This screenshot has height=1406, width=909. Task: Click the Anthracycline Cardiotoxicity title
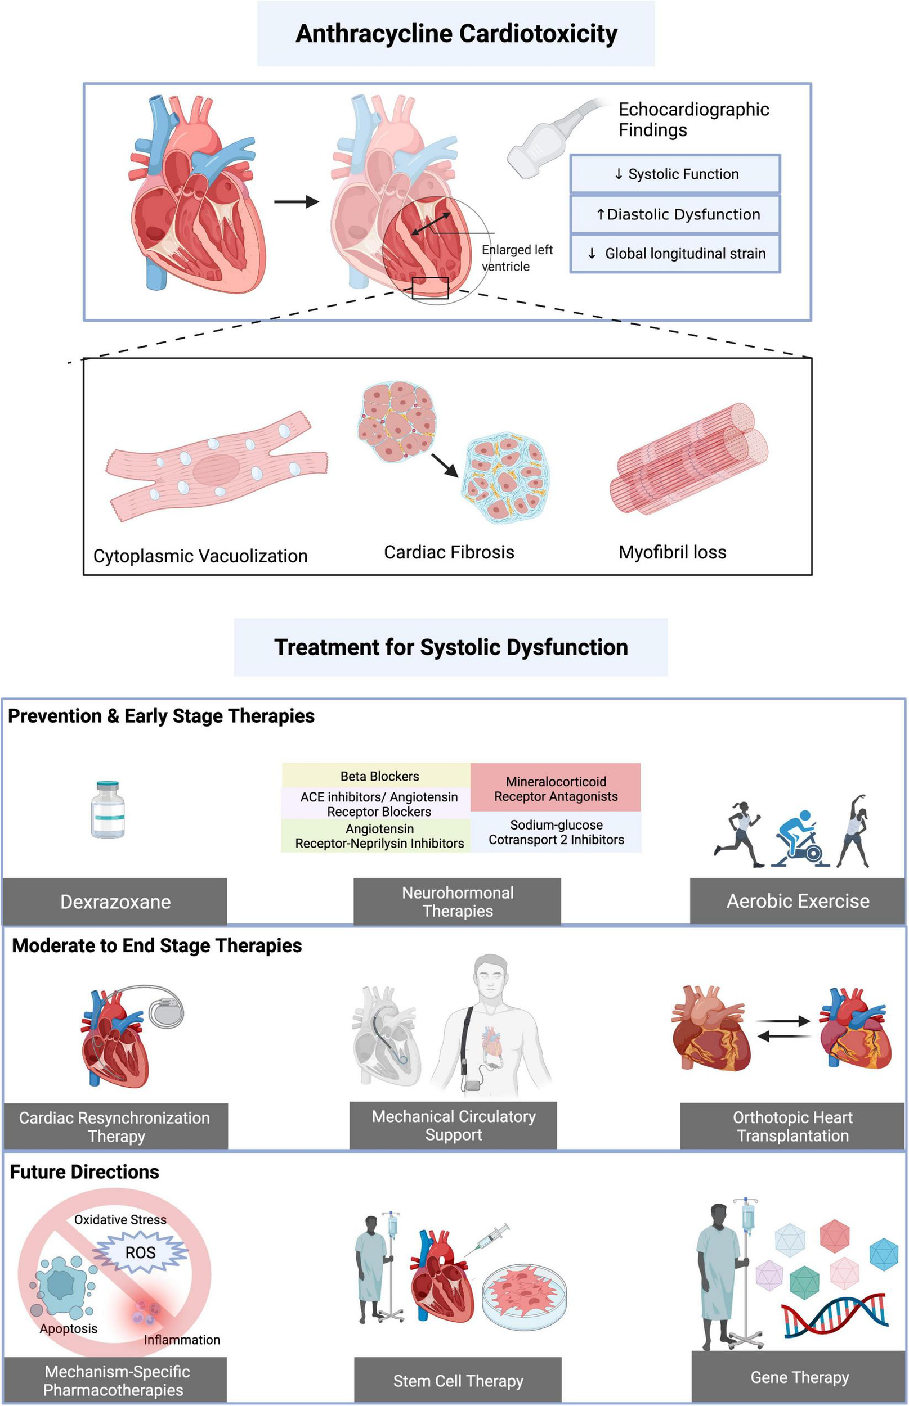click(x=456, y=34)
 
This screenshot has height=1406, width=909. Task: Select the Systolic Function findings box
click(x=675, y=174)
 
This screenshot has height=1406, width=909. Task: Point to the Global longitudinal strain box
click(x=675, y=254)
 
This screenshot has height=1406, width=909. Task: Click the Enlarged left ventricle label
click(x=517, y=258)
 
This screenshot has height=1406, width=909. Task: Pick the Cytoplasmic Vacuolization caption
click(x=200, y=556)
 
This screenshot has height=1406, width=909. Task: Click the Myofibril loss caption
click(x=671, y=552)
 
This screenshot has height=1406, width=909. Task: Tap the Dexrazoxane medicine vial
click(x=108, y=809)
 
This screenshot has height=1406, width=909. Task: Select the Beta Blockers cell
click(x=379, y=776)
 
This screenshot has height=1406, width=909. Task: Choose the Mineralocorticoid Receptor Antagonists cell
click(x=556, y=788)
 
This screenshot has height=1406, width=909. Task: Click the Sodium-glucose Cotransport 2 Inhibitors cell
click(x=556, y=832)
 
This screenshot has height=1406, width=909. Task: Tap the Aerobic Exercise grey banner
click(x=797, y=900)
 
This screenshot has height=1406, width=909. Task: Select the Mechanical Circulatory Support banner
click(x=453, y=1125)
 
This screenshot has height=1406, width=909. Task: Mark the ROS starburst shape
click(x=141, y=1252)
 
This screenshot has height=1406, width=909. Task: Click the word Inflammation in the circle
click(x=182, y=1340)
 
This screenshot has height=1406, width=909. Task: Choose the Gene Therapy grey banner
click(x=799, y=1377)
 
